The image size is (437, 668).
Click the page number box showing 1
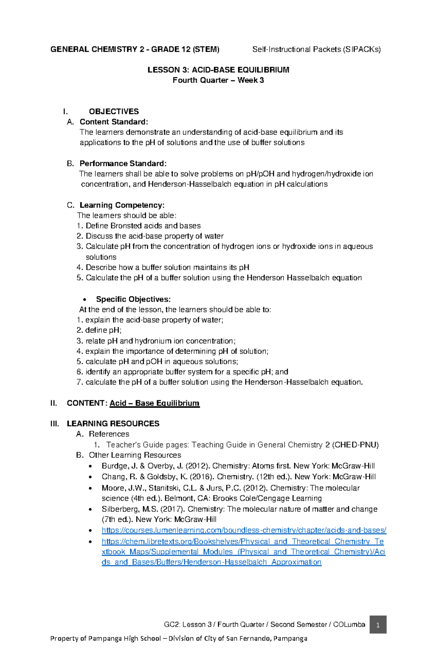378,625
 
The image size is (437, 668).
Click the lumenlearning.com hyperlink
244,530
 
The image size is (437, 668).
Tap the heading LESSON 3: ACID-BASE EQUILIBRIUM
218,70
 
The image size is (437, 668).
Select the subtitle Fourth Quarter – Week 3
218,80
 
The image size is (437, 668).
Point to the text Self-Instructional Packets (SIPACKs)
316,50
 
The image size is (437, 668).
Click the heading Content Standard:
114,122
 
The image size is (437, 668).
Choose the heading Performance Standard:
123,163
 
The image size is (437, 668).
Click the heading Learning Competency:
122,205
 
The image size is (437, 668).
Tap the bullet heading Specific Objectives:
133,299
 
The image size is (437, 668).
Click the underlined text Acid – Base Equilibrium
154,403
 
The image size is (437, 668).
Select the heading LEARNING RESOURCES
113,424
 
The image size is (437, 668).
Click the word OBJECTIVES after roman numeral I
114,111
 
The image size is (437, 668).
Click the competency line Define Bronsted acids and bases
143,226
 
